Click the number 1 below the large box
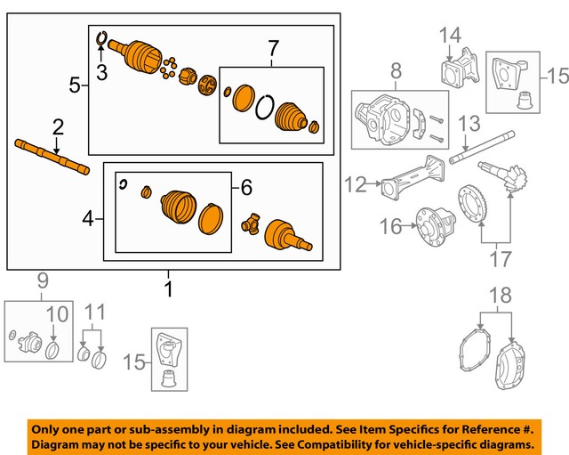pos(169,289)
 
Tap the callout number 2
pos(57,126)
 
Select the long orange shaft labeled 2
pos(52,155)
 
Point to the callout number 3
pos(101,73)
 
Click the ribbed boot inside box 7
pos(293,118)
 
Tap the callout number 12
pos(356,184)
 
